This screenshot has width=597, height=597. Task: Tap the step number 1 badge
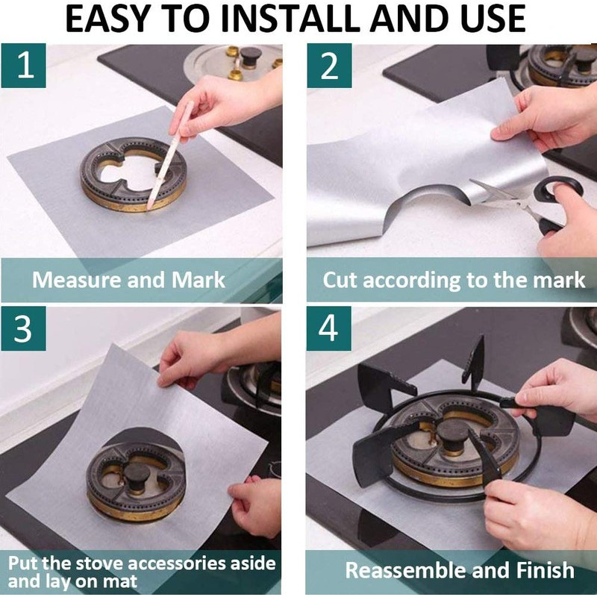pos(24,66)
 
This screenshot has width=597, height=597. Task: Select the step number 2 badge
pos(329,66)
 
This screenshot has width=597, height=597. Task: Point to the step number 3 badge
pos(24,328)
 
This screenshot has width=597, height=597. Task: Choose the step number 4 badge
pos(328,328)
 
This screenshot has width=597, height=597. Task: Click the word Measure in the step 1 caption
pos(77,280)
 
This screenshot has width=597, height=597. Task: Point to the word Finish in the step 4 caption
pos(546,570)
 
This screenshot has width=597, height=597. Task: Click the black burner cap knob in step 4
pos(452,433)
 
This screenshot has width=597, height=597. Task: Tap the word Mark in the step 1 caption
pos(199,280)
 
